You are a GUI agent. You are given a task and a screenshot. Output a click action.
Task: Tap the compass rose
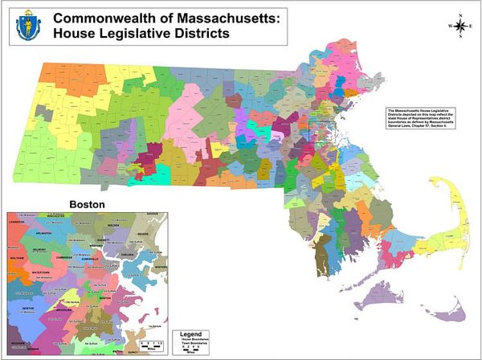(x=459, y=26)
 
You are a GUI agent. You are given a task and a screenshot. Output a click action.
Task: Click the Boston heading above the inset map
(x=88, y=205)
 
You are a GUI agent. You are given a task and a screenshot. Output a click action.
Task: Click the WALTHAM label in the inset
(x=14, y=258)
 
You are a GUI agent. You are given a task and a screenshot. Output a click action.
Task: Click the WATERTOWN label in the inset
(x=40, y=272)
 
